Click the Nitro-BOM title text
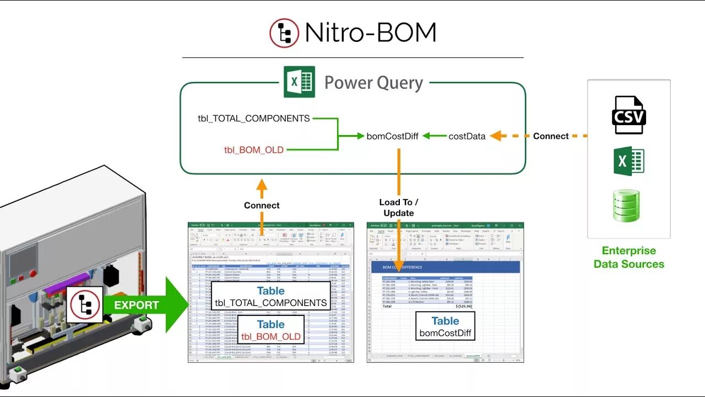370,33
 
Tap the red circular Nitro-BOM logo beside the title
284,33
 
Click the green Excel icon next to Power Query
299,82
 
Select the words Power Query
373,83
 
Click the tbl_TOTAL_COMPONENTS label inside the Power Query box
254,118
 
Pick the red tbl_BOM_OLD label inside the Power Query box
254,149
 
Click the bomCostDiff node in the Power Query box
392,136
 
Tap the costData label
467,136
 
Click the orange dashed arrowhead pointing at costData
496,136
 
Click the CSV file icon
628,115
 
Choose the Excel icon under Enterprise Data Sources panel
628,161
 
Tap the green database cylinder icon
627,206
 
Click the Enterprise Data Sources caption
628,257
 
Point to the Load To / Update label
399,207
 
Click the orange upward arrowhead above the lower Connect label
262,186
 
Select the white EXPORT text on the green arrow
136,305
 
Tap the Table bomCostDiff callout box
445,326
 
